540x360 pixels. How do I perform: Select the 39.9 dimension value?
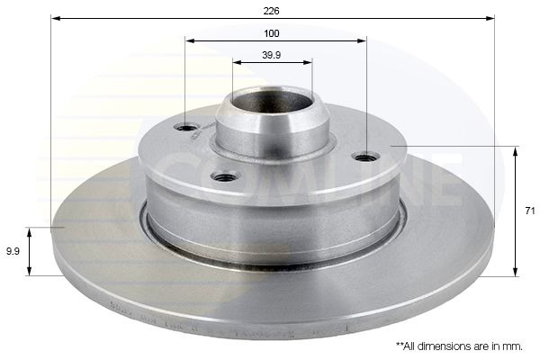tap(272, 54)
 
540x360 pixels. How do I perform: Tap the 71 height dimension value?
tap(530, 210)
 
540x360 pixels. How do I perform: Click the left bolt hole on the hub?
tap(188, 127)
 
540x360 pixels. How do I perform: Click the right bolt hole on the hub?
tap(364, 157)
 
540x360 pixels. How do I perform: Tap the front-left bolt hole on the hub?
tap(226, 175)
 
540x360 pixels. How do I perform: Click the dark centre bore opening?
tap(271, 102)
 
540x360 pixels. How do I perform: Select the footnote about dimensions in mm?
tap(459, 345)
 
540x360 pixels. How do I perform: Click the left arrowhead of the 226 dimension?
tap(54, 18)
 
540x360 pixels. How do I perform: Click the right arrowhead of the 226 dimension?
tap(492, 18)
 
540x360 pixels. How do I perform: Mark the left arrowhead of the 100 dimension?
tap(188, 40)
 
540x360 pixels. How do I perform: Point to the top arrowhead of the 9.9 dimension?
tap(31, 231)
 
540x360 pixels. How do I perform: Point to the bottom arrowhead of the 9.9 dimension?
tap(31, 271)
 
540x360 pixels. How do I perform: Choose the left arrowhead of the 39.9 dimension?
tap(235, 62)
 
